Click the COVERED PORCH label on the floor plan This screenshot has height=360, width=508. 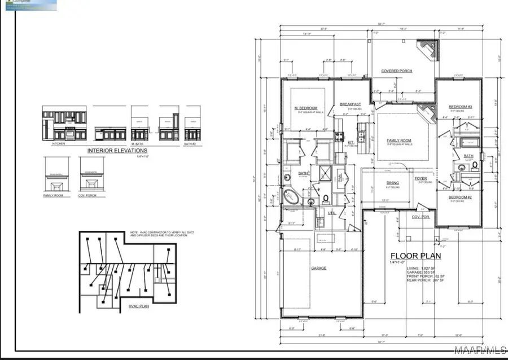pos(397,71)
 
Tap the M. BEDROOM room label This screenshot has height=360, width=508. pos(305,108)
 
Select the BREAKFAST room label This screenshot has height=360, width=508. pos(350,104)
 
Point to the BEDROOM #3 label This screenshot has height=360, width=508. pos(460,107)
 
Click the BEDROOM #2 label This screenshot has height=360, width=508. pos(460,197)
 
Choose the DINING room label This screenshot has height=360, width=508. pos(393,183)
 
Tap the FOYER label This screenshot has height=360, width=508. pos(421,178)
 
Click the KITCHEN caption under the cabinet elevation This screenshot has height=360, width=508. pos(59,144)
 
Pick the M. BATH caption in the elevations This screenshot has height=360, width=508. pos(138,144)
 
